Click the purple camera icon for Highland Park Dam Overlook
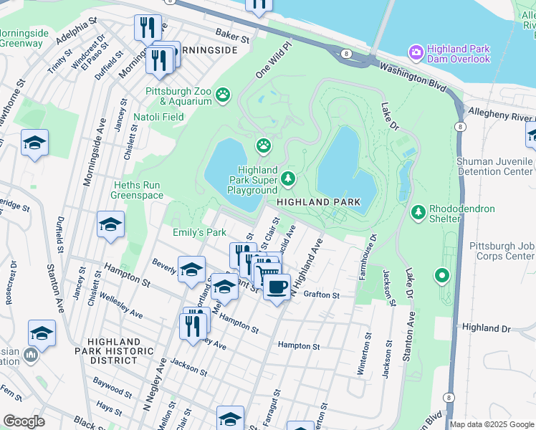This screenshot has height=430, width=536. click(x=416, y=52)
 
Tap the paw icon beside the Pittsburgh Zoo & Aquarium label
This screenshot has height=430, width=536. click(x=224, y=94)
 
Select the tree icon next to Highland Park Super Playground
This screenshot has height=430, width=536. click(x=288, y=178)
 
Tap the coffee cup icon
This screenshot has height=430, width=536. click(x=277, y=287)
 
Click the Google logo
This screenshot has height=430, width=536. click(x=24, y=421)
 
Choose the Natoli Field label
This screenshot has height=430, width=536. click(x=159, y=116)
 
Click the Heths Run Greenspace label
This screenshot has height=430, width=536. click(x=138, y=189)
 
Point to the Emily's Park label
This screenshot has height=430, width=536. click(x=199, y=232)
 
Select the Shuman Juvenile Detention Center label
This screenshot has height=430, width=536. click(x=495, y=167)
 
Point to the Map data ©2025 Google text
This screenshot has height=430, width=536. click(x=492, y=424)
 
